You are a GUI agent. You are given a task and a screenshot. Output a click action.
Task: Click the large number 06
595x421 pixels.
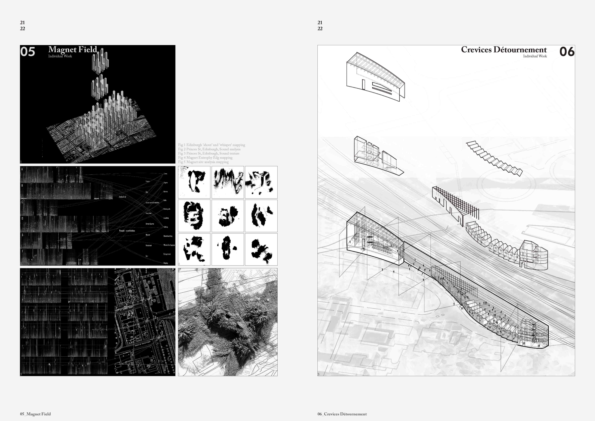567,52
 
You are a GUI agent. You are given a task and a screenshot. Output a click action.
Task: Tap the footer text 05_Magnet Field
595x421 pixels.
35,414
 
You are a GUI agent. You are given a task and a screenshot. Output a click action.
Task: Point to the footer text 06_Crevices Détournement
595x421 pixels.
342,414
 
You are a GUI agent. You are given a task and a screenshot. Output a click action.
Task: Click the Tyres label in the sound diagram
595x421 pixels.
165,174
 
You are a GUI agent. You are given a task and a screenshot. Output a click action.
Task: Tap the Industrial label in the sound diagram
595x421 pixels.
123,197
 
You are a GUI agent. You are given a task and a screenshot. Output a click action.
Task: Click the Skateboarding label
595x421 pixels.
168,236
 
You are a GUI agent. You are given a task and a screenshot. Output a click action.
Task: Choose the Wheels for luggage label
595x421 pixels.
169,245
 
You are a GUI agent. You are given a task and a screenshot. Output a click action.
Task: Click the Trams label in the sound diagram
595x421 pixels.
148,181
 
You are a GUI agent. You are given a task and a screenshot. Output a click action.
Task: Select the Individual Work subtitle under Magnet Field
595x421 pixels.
60,56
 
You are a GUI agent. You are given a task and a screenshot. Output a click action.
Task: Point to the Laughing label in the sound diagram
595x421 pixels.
166,218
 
